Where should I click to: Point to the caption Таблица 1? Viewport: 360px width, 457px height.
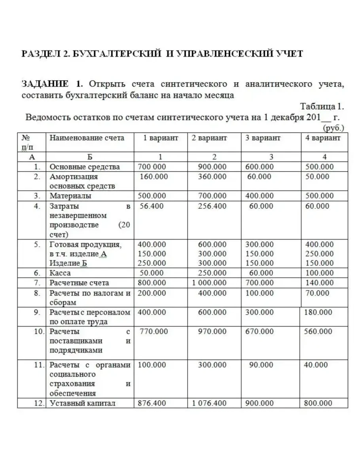tap(322, 106)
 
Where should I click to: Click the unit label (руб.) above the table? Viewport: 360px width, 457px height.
tap(333, 128)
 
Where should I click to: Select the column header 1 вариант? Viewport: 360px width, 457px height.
tap(160, 138)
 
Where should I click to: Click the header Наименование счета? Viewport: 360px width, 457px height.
tap(87, 138)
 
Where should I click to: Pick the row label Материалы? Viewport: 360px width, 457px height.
tap(70, 196)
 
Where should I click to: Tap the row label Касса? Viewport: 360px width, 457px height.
tap(60, 273)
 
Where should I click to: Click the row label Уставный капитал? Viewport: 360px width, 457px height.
tap(82, 404)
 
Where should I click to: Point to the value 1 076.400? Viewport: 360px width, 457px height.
tap(209, 404)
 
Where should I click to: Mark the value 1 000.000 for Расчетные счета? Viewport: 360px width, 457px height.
tap(209, 283)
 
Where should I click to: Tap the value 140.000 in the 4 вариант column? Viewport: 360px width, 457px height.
tap(320, 283)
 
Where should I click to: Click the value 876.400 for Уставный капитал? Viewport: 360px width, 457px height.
tap(152, 404)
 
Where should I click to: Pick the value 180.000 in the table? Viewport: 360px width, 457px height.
tap(318, 312)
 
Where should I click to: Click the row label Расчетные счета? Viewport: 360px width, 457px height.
tap(79, 283)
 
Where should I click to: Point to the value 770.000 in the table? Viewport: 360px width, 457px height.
tap(154, 332)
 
